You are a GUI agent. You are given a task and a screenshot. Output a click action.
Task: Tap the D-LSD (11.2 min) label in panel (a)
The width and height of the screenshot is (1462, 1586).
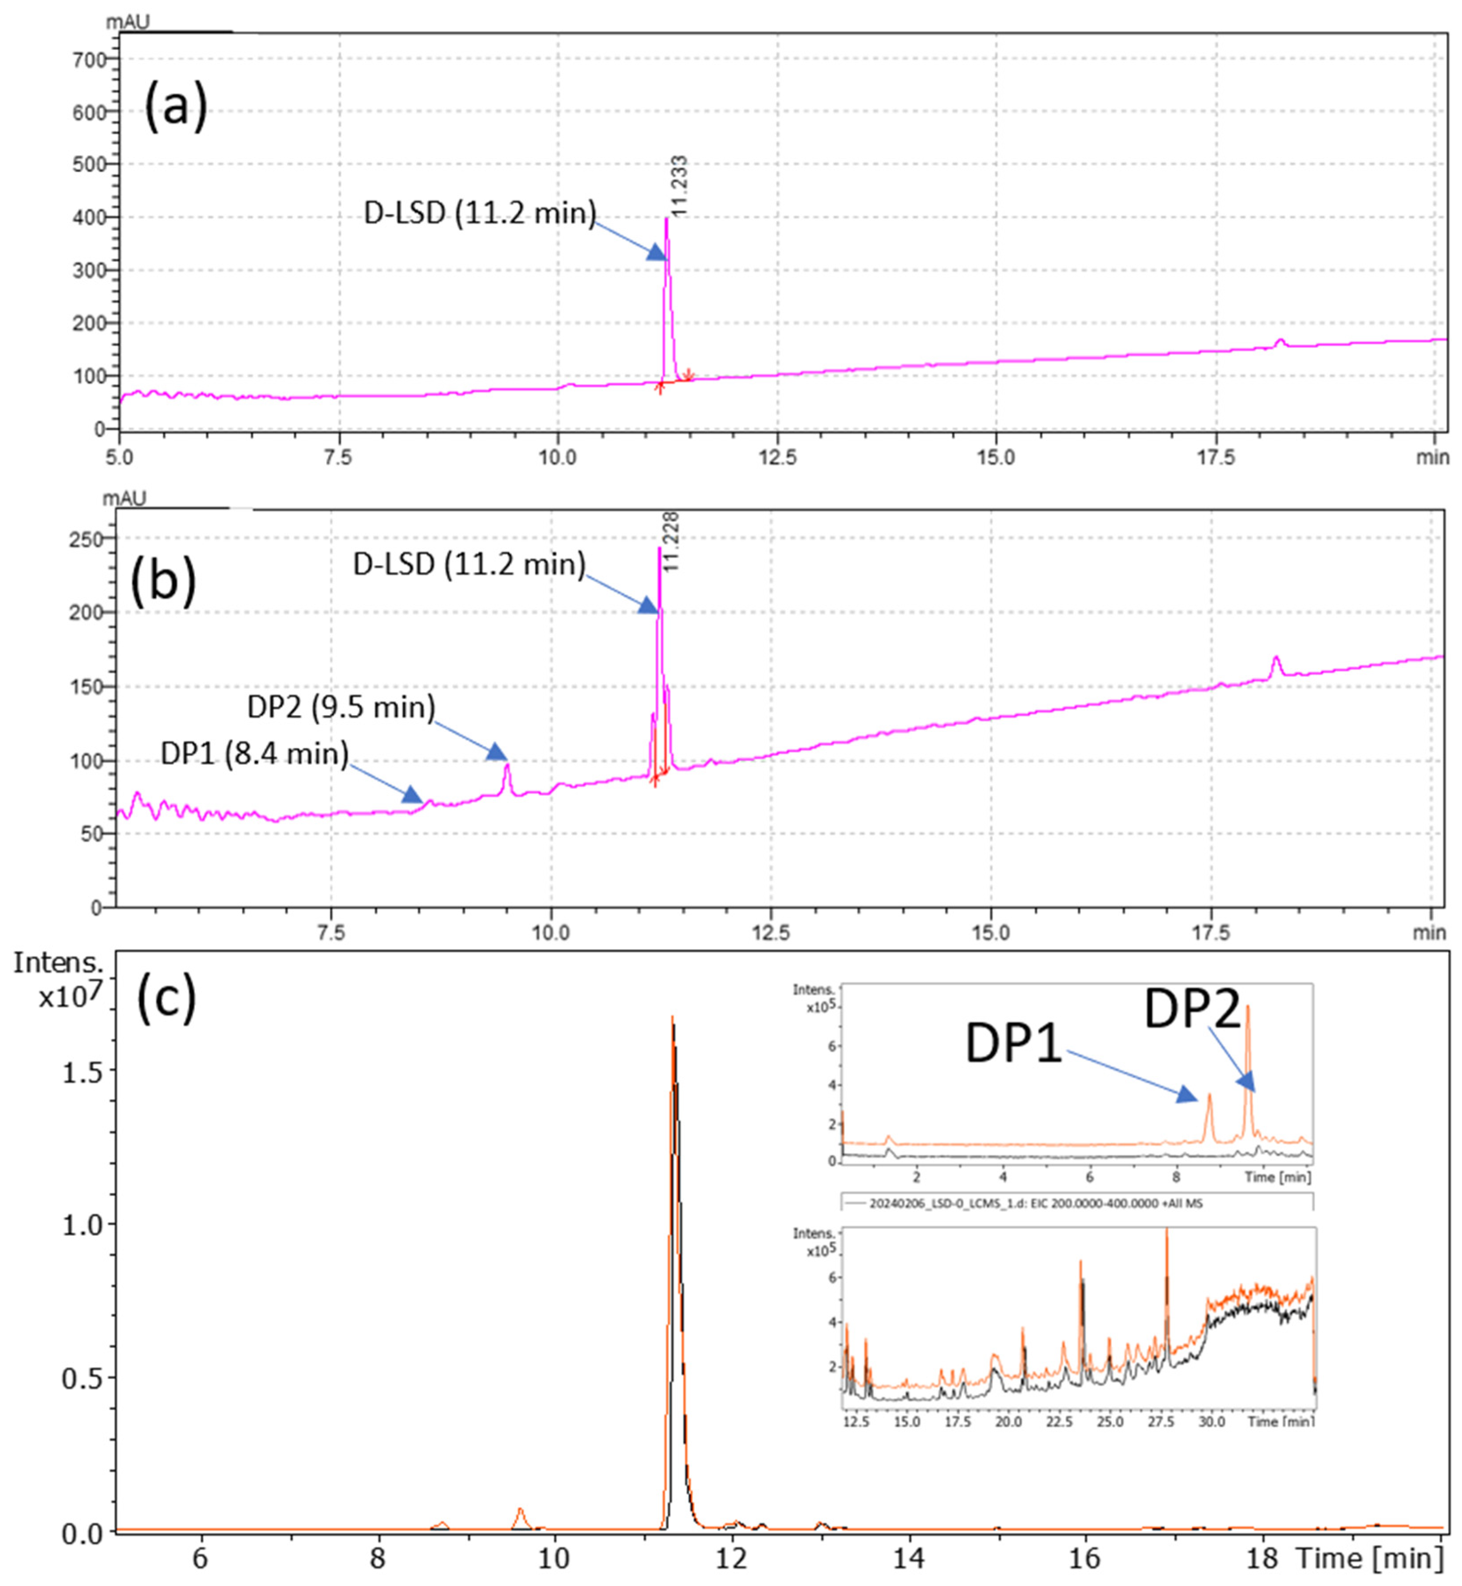[480, 213]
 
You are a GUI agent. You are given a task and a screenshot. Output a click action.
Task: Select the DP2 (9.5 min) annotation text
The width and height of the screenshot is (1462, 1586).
[341, 707]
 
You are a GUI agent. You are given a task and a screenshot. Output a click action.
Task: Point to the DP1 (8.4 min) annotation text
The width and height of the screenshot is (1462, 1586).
[255, 753]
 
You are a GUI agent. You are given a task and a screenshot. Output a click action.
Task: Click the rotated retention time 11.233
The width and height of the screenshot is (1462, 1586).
[679, 186]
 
